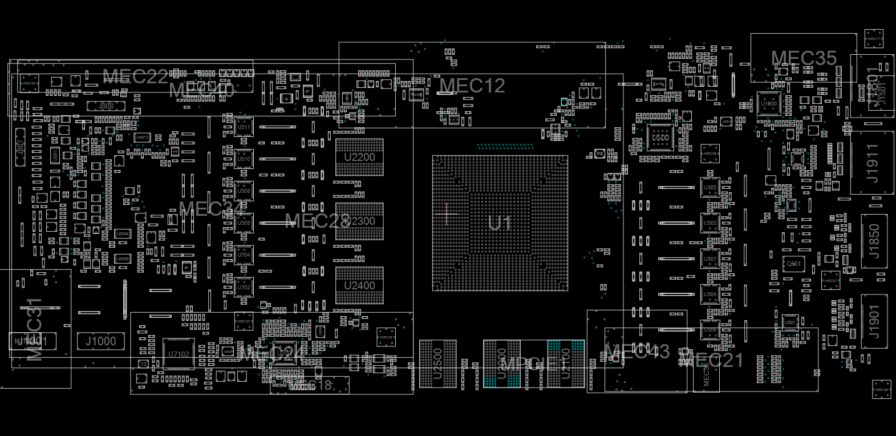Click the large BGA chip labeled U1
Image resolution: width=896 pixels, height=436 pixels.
(500, 223)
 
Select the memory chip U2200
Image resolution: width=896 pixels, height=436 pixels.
(359, 157)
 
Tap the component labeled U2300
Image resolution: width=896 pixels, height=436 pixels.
(359, 221)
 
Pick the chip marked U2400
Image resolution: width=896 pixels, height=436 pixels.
(359, 285)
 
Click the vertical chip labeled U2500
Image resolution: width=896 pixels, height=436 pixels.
(437, 364)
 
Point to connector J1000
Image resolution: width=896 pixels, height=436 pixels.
(101, 341)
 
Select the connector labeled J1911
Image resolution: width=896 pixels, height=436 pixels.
(872, 163)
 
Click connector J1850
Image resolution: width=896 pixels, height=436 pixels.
(874, 241)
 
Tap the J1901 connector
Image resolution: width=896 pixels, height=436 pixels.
(874, 321)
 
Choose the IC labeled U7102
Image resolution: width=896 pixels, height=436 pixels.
(179, 354)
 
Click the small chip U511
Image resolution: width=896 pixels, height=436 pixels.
(244, 127)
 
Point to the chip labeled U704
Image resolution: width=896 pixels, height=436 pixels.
(244, 255)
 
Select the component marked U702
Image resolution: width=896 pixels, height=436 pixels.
(244, 287)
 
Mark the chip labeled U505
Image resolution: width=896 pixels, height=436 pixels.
(710, 187)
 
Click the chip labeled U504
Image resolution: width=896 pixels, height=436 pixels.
(710, 294)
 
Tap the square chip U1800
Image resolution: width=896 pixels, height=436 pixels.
(769, 104)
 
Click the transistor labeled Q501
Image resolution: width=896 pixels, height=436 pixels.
(794, 264)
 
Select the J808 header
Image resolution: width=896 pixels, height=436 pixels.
(106, 106)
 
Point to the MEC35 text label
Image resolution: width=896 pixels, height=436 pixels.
(804, 58)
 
